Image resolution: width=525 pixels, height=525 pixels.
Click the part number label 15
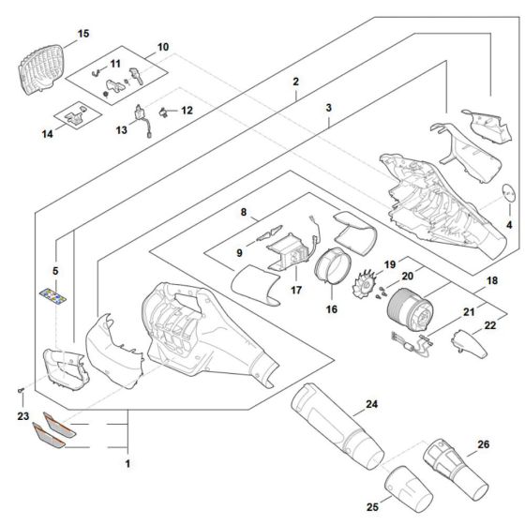tap(83, 34)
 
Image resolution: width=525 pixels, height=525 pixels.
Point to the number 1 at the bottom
tap(127, 462)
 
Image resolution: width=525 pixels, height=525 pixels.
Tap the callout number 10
tap(162, 46)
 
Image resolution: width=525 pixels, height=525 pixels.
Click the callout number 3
tap(329, 108)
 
